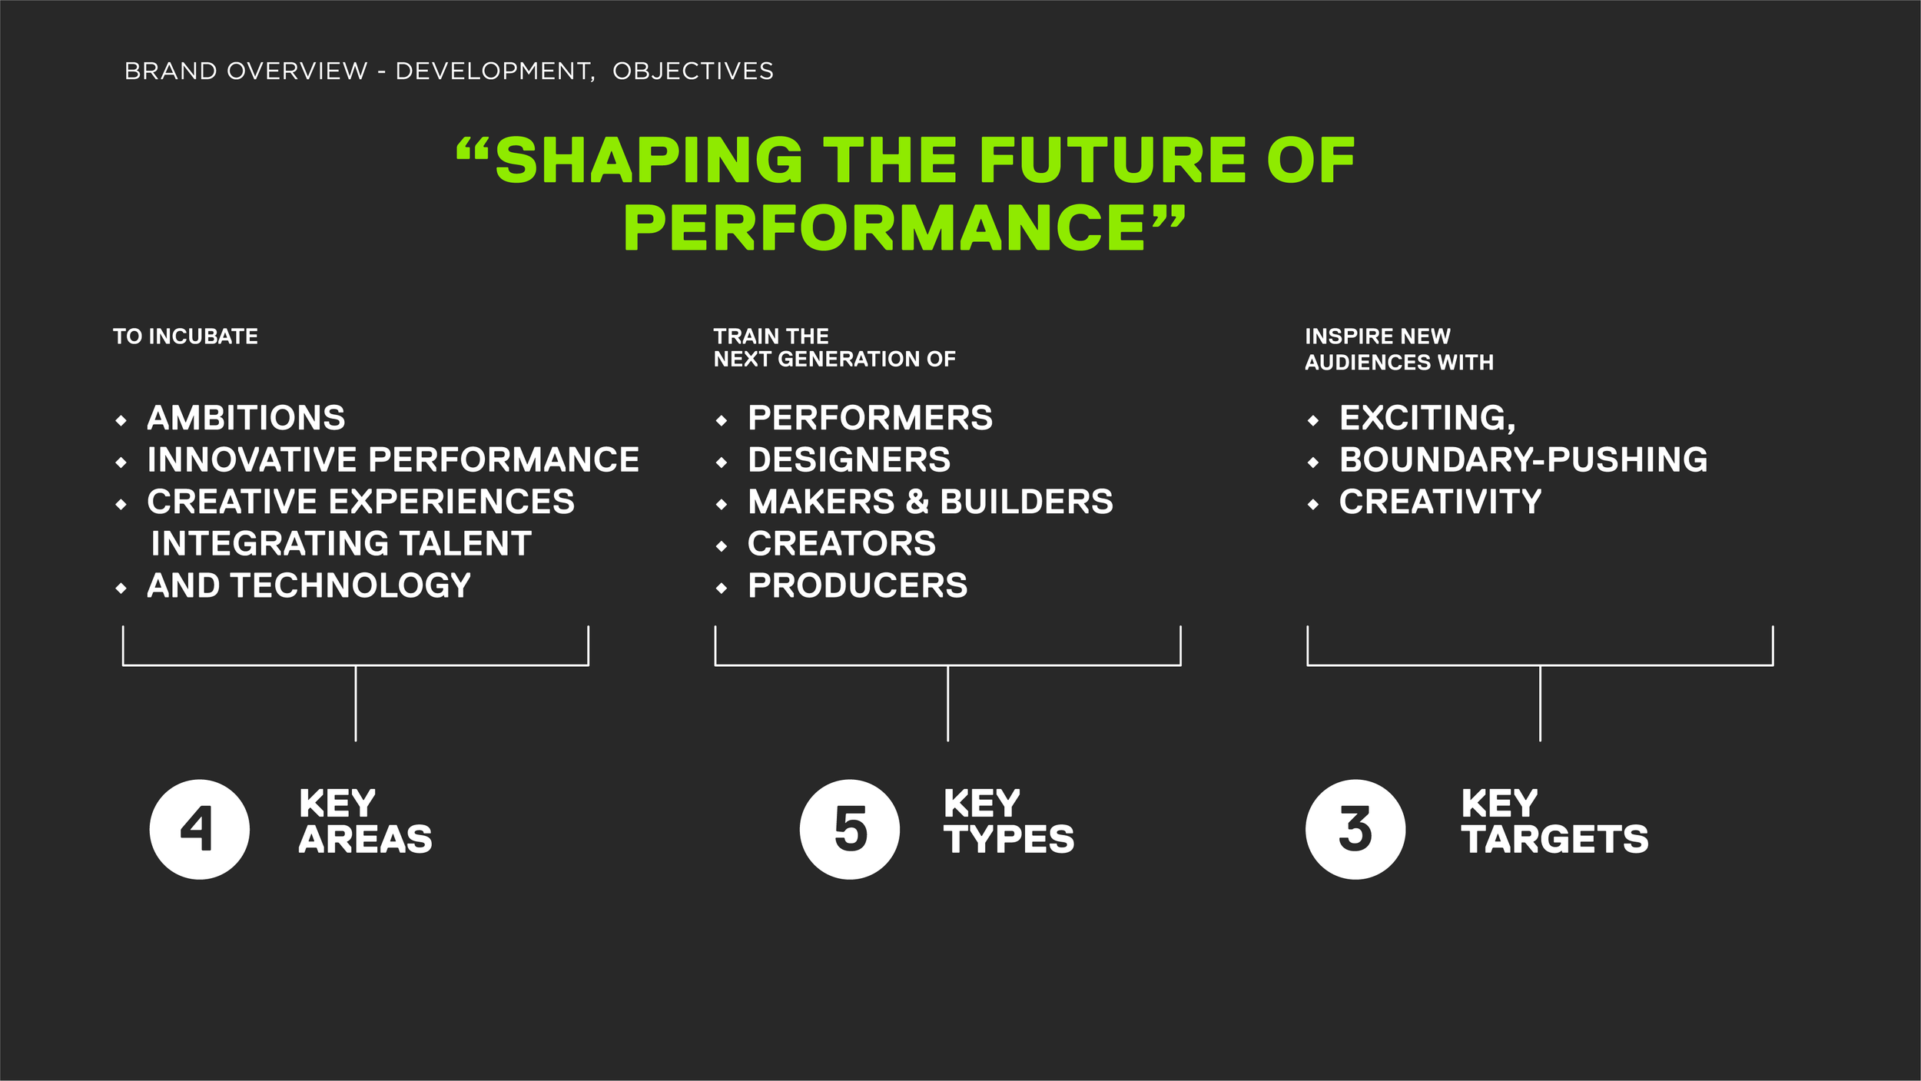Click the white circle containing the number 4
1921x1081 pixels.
coord(200,829)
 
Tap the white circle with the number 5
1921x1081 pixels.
coord(850,829)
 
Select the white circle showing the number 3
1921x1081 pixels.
coord(1355,829)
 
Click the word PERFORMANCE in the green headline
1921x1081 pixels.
coord(884,228)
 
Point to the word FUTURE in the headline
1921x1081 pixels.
coord(1112,161)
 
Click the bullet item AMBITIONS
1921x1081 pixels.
coord(246,418)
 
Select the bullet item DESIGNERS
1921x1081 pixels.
coord(849,460)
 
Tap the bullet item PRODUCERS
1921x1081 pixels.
coord(858,586)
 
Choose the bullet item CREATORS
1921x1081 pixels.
coord(841,544)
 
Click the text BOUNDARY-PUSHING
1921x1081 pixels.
coord(1523,460)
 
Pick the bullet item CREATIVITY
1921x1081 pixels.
coord(1440,502)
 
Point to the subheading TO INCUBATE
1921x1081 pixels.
coord(185,337)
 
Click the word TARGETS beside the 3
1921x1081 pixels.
coord(1554,840)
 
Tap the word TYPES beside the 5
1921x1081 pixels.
coord(1009,840)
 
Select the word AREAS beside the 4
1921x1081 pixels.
coord(366,840)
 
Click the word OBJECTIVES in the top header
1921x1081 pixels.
coord(693,71)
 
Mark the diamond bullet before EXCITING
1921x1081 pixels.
coord(1313,421)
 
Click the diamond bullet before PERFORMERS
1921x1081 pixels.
coord(721,421)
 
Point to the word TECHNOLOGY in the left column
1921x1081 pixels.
coord(351,586)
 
